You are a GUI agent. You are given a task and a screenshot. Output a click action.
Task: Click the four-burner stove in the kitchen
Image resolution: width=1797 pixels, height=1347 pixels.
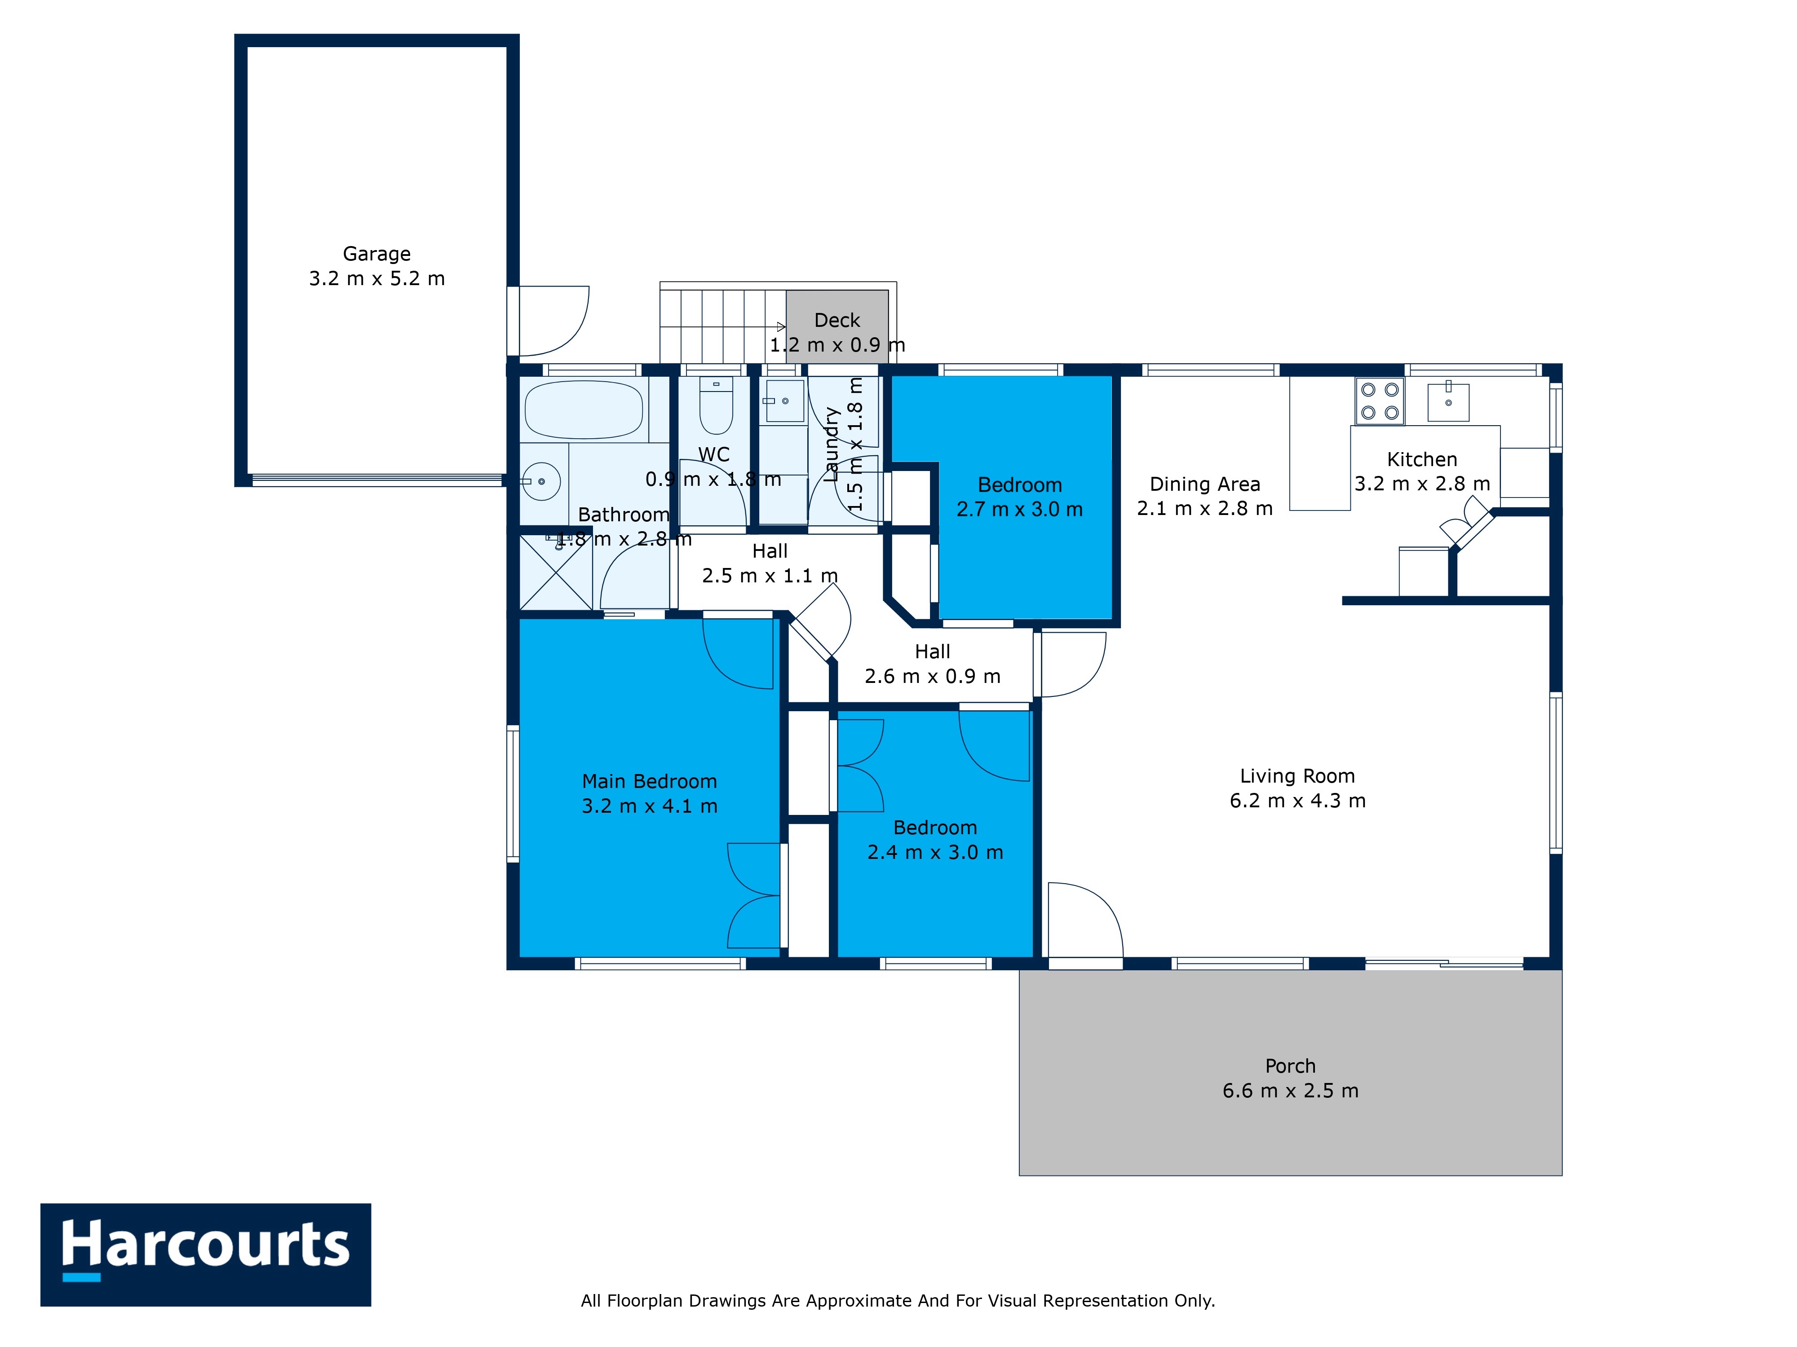tap(1380, 401)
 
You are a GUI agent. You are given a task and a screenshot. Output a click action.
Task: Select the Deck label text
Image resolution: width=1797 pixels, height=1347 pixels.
tap(837, 321)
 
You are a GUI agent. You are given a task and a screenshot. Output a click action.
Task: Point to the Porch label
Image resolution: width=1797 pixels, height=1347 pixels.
tap(1290, 1066)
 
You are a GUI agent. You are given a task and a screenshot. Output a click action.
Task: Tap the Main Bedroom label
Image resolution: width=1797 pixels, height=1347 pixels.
tap(649, 781)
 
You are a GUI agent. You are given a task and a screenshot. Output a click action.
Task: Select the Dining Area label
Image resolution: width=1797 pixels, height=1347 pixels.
tap(1205, 485)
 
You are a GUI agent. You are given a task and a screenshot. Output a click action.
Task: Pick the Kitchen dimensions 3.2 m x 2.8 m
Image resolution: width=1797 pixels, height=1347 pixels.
tap(1422, 484)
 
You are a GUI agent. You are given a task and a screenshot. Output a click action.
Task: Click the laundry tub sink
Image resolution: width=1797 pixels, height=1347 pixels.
tap(785, 401)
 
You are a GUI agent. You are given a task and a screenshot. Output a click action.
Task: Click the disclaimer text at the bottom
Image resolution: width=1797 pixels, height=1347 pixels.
tap(898, 1301)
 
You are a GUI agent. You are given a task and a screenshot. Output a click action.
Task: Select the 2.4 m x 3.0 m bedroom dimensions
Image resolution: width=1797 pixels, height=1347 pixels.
tap(935, 853)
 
